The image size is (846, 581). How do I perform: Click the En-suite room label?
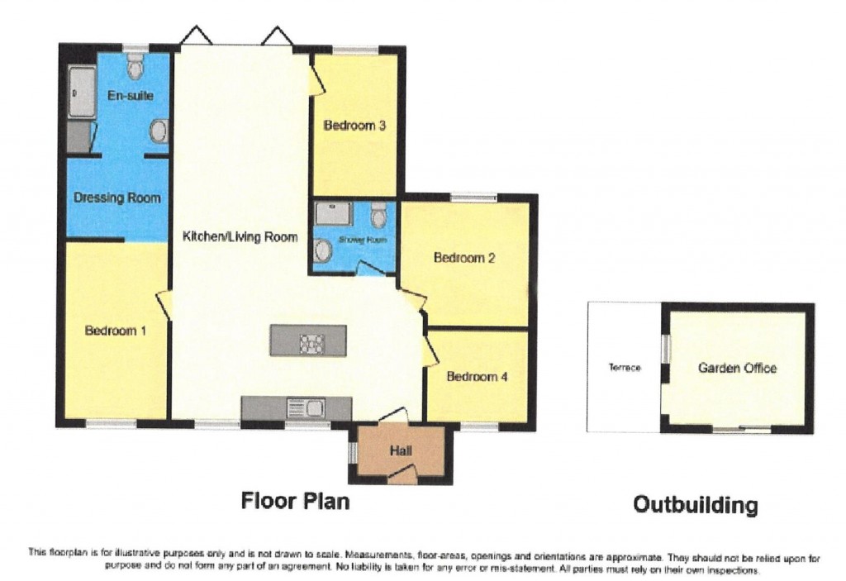pyautogui.click(x=131, y=96)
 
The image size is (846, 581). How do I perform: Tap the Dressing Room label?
pyautogui.click(x=117, y=198)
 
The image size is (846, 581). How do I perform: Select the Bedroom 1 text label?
pyautogui.click(x=116, y=331)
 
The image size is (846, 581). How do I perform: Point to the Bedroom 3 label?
pyautogui.click(x=354, y=126)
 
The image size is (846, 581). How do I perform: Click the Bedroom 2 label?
pyautogui.click(x=464, y=258)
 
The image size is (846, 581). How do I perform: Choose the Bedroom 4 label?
pyautogui.click(x=477, y=377)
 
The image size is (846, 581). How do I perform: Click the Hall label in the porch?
pyautogui.click(x=401, y=450)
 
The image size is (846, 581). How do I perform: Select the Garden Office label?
pyautogui.click(x=737, y=368)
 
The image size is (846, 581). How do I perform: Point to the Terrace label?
pyautogui.click(x=625, y=368)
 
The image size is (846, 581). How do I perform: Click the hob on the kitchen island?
pyautogui.click(x=311, y=341)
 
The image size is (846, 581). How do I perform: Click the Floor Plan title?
pyautogui.click(x=295, y=501)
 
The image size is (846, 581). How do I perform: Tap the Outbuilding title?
pyautogui.click(x=695, y=504)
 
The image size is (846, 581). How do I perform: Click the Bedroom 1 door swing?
pyautogui.click(x=164, y=305)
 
